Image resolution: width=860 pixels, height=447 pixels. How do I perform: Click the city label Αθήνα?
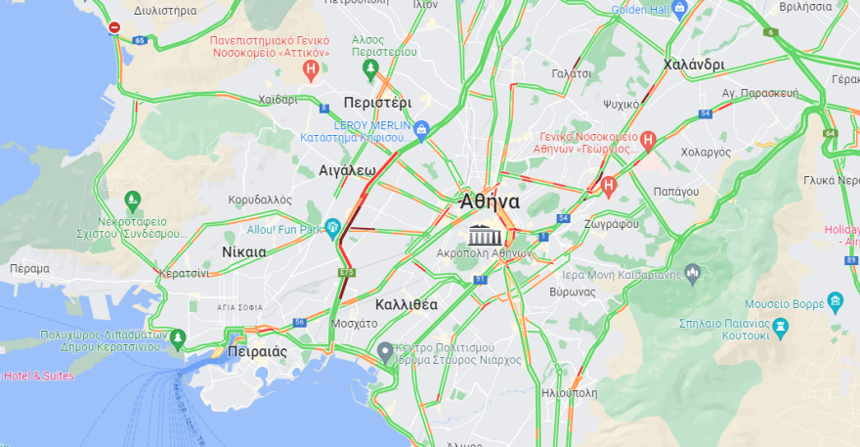click(x=491, y=201)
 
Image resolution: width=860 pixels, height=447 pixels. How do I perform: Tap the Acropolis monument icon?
click(x=486, y=235)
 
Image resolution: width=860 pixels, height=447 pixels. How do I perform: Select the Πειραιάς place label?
click(x=256, y=351)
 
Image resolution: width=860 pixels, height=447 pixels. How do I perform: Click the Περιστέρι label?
click(x=377, y=102)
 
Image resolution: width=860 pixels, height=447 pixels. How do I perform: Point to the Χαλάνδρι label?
click(x=693, y=65)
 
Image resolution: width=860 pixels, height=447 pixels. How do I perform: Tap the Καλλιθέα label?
click(x=407, y=304)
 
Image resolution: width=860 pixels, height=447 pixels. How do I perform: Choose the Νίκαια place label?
click(x=244, y=251)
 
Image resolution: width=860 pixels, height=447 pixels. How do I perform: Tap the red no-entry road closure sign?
click(x=114, y=27)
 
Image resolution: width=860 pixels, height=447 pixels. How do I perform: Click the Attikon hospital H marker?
click(x=311, y=68)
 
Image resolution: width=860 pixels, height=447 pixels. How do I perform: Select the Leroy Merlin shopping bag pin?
click(x=421, y=128)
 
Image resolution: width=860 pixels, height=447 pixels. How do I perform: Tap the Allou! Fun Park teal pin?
click(x=333, y=229)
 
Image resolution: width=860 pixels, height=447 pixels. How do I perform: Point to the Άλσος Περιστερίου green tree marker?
click(x=370, y=68)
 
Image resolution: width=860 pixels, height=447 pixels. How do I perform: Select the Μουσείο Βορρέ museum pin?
click(x=835, y=302)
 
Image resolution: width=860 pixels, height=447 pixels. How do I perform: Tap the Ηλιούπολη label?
click(x=569, y=392)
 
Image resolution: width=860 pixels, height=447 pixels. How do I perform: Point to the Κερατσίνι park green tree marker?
click(x=177, y=339)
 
